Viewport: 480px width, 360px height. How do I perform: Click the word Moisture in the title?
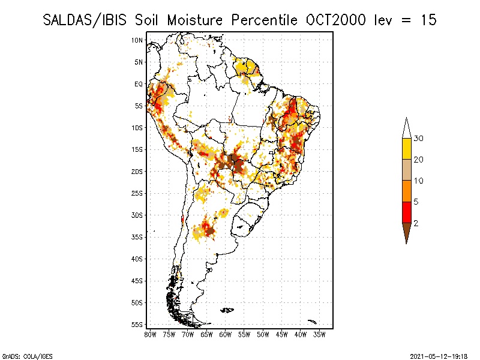click(x=195, y=20)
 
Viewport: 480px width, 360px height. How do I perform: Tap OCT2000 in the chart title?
click(x=336, y=20)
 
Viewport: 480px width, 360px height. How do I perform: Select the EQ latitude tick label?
click(x=139, y=84)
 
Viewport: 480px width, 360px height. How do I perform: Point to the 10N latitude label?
click(x=137, y=40)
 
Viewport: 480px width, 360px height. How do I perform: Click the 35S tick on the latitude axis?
click(x=137, y=237)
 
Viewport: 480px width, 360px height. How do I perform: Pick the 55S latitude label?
click(x=137, y=325)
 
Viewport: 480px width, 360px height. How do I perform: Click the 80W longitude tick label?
click(x=150, y=335)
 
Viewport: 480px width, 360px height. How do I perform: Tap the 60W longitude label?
click(x=226, y=335)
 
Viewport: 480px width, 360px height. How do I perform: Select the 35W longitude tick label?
click(x=319, y=335)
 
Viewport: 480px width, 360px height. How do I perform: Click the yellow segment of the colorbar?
click(x=407, y=149)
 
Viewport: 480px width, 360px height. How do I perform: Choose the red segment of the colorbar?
click(x=407, y=212)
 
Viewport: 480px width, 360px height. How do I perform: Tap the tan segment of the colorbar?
click(x=407, y=170)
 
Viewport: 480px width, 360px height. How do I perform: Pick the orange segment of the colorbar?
click(x=407, y=191)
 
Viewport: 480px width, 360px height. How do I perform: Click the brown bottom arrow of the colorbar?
click(x=407, y=232)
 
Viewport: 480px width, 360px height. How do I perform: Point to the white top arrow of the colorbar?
click(x=407, y=129)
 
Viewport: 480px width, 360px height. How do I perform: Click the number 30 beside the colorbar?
click(x=418, y=139)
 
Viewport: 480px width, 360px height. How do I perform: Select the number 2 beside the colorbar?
click(x=416, y=223)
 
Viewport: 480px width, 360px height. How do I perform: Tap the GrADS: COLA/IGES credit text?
click(x=27, y=356)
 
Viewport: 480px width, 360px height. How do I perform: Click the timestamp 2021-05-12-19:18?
click(x=439, y=356)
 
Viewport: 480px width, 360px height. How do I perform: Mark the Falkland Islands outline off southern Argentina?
click(x=227, y=310)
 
